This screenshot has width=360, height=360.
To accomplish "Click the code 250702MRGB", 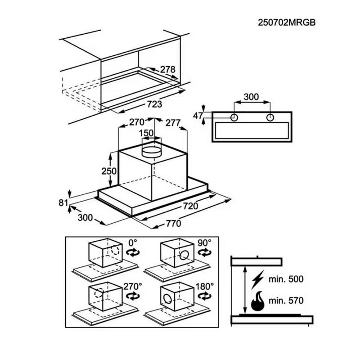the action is coord(287,22).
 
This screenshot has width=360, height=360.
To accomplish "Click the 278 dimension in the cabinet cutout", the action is coord(167,69).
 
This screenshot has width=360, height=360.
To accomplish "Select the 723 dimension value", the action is coord(154,104).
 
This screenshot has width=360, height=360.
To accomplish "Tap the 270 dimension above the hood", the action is coord(137,122).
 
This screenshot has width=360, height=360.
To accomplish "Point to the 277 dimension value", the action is coord(173,123).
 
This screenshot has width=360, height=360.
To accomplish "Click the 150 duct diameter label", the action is coord(146,133).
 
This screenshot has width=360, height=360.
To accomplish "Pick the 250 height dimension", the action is coord(109,171).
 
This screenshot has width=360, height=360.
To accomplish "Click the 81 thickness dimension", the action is coord(63,203).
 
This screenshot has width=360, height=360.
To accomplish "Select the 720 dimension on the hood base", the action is coord(190,206).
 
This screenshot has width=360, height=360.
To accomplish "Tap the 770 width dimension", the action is coord(174,223).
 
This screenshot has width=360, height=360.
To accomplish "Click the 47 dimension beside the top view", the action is coord(198,116).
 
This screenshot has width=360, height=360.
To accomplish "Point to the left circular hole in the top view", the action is coord(234,118).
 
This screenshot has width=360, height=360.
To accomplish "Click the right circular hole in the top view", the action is coord(270,118).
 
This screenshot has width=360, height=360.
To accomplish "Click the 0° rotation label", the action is coord(132,243).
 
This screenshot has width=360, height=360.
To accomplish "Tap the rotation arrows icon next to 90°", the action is coord(205,253).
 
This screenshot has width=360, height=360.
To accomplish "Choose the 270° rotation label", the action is coord(133,286).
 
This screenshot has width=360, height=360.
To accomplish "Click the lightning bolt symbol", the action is coord(257,279).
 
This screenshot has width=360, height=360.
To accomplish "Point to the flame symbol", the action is coord(257,301).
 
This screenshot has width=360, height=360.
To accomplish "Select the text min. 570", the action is coord(286,300).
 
